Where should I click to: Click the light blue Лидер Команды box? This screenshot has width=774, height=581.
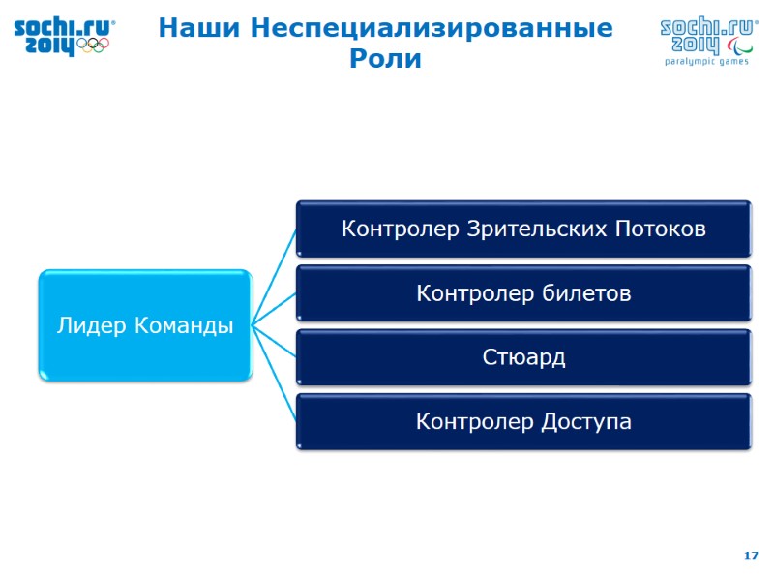point(145,326)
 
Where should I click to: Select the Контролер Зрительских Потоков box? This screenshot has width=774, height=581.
point(523,229)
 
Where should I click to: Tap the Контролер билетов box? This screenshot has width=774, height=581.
point(523,293)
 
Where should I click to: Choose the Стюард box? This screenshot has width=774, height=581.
point(523,357)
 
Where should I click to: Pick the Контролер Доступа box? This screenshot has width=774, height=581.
point(523,422)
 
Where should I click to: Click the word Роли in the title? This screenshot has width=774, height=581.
point(385,59)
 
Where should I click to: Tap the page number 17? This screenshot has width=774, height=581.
point(750,555)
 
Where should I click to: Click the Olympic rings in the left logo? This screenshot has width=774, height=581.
point(93,45)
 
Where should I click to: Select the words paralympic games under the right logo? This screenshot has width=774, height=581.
point(706,61)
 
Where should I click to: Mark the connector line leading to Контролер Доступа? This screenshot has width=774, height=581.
point(274,374)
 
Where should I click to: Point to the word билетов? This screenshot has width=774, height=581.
point(589,293)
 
